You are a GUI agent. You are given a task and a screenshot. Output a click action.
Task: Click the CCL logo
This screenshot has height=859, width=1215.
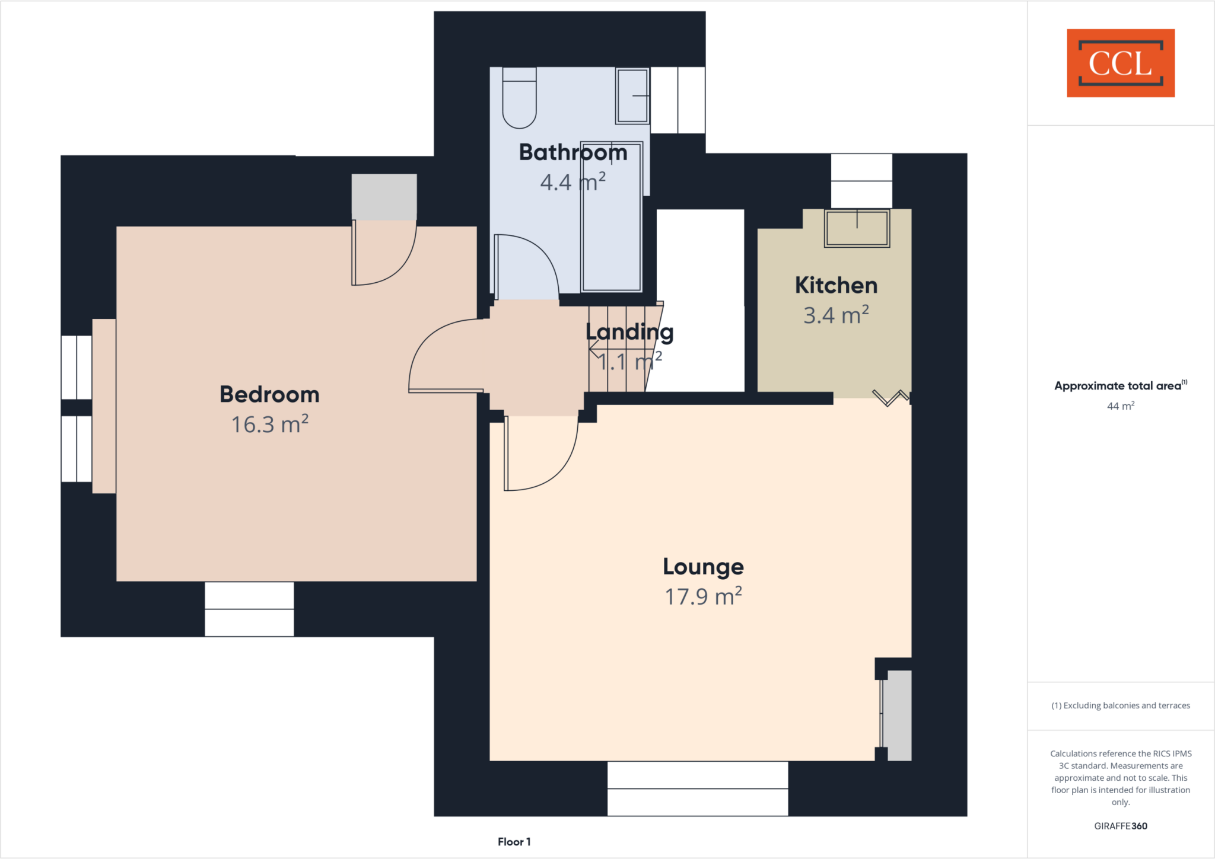tap(1120, 63)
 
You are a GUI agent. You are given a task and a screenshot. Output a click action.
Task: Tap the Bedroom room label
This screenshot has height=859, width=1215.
tap(269, 394)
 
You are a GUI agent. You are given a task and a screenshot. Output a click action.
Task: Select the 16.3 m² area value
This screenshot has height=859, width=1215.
tap(269, 424)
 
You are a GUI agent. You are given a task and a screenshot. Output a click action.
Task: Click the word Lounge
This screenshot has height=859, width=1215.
tap(703, 567)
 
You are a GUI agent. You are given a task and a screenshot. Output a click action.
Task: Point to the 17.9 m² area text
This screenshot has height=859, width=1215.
tap(703, 596)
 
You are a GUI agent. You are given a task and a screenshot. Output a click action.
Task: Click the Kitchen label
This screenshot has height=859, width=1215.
tap(836, 285)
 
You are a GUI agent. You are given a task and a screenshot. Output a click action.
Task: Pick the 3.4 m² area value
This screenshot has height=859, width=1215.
tap(836, 315)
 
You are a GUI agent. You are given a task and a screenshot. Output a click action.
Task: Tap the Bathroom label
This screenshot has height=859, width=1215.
tap(573, 152)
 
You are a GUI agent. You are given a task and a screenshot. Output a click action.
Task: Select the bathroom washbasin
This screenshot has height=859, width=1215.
tap(632, 95)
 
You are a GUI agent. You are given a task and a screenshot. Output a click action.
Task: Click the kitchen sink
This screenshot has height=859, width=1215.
tap(857, 228)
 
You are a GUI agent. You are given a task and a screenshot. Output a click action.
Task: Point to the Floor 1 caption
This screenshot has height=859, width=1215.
tap(514, 842)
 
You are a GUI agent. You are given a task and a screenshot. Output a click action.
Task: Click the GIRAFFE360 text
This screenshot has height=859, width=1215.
tap(1120, 826)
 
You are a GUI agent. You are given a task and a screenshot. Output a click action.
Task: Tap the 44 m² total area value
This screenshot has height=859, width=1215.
tap(1120, 406)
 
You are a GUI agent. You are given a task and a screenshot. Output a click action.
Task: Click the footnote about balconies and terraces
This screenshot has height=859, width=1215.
tap(1120, 705)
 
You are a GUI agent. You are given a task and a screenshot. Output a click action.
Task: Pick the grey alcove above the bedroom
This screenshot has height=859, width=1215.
tap(384, 197)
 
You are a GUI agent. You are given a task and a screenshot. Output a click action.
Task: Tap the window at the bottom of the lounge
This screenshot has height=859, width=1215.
tap(698, 788)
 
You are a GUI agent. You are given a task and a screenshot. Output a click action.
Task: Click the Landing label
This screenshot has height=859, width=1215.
tap(629, 332)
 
